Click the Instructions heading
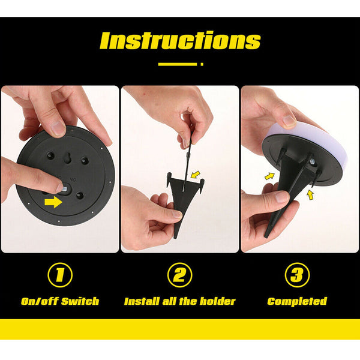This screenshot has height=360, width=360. tap(180, 40)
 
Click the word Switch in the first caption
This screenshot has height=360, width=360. tap(80, 301)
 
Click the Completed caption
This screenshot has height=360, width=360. tap(297, 301)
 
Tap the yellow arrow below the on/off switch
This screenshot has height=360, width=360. tap(53, 202)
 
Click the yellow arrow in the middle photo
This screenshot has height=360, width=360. tap(196, 175)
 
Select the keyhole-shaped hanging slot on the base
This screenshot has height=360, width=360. tap(68, 158)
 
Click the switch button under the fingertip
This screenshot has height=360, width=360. tap(65, 189)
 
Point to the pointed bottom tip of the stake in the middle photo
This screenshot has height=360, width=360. tap(175, 238)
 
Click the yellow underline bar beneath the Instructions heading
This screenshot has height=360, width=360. tap(178, 64)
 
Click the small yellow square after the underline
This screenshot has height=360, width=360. tap(202, 64)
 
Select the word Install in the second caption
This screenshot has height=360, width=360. tap(142, 301)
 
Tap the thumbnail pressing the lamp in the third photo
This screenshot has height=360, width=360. tap(289, 121)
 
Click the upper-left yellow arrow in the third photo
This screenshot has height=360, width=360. tap(270, 176)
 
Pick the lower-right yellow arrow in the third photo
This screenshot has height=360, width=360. tap(310, 195)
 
